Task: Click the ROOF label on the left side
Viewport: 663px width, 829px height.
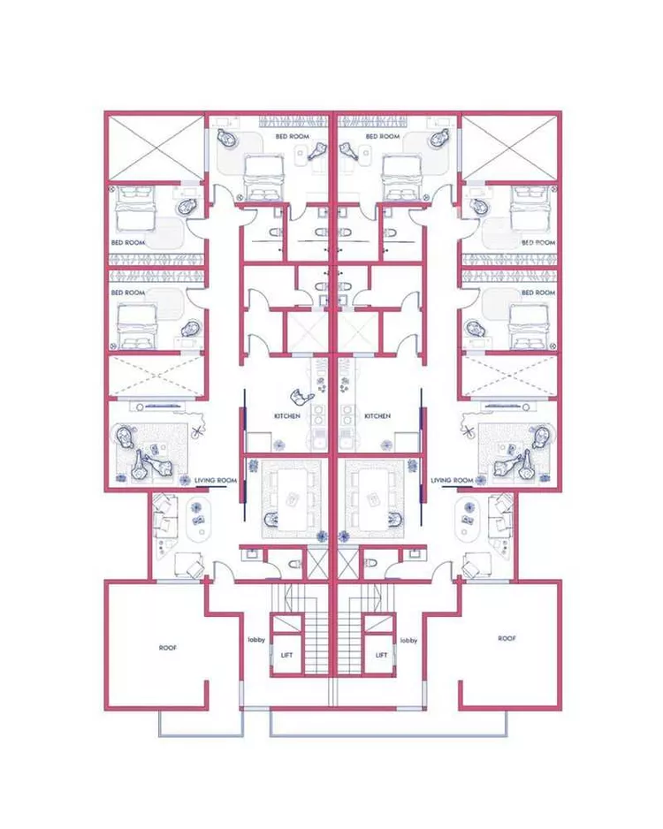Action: (168, 648)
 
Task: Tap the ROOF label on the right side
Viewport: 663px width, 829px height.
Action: (507, 639)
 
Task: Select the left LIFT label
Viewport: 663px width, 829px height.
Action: (286, 655)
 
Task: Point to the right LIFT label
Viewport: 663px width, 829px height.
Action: (381, 655)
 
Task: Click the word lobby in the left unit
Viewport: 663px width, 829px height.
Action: (256, 640)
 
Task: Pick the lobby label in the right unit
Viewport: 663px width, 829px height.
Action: (408, 640)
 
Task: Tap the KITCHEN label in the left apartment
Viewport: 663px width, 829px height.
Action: (287, 416)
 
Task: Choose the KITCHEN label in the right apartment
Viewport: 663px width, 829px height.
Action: (377, 416)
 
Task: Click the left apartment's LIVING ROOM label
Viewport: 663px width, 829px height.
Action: (215, 481)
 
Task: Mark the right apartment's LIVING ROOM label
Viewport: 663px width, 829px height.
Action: (452, 481)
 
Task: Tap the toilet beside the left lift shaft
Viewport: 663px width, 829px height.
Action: (295, 565)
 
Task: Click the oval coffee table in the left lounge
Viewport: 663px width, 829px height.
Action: (199, 516)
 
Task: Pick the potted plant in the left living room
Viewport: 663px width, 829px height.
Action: (198, 431)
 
